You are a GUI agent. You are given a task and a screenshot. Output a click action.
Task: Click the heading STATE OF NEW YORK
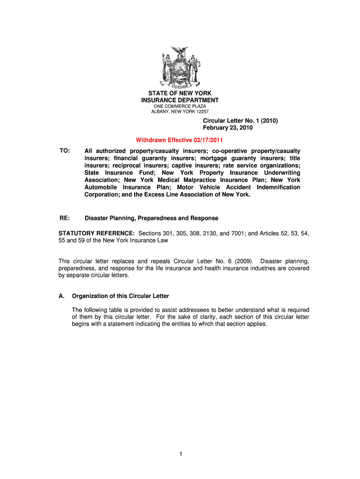(180, 94)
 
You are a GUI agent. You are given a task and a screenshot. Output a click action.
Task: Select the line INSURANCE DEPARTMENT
(180, 101)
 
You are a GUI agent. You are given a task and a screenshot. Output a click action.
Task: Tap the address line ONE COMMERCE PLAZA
(180, 107)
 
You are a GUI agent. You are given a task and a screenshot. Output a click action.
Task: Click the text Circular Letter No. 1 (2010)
(240, 121)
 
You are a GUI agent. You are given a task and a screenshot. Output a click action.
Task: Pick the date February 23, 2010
(228, 128)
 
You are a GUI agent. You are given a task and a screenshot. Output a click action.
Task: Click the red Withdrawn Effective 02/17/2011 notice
(179, 140)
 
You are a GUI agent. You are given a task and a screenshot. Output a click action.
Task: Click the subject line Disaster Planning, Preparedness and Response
(151, 218)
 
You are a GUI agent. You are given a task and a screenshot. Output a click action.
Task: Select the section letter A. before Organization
(61, 296)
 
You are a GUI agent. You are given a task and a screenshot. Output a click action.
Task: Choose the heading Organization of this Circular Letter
(120, 296)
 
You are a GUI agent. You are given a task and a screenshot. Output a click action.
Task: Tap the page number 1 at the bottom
(180, 454)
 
